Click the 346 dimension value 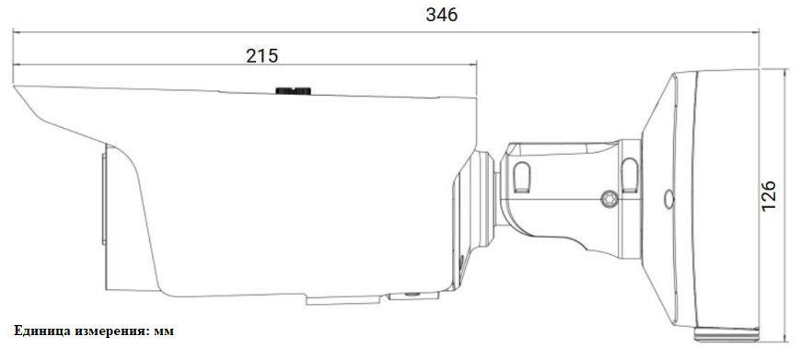442,16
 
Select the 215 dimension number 262,55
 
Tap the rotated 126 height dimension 768,195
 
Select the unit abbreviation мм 164,331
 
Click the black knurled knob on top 293,91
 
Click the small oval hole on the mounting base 668,199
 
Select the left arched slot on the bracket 521,177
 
